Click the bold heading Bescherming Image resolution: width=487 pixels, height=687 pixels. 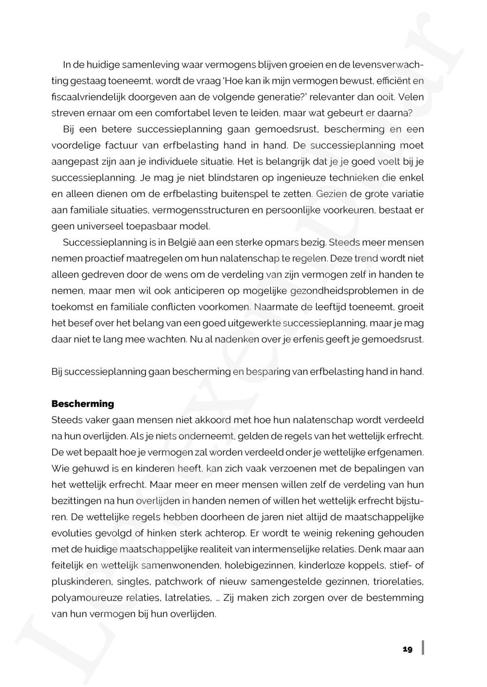tap(83, 404)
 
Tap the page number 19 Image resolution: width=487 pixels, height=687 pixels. tap(408, 650)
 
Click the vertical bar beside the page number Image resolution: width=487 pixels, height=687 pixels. tap(423, 648)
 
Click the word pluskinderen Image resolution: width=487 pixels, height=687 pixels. tap(78, 581)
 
